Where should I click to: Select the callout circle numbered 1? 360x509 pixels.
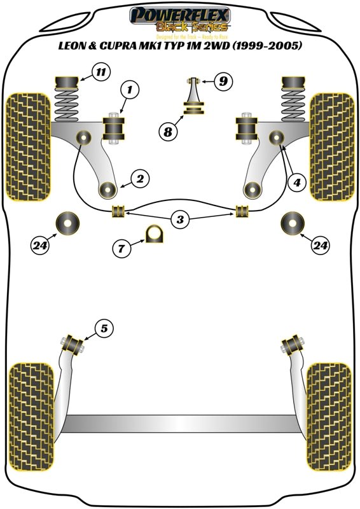point(129,92)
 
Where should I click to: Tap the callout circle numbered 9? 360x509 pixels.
point(223,81)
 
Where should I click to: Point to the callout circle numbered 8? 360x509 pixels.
point(168,132)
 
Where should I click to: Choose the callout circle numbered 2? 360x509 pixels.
point(141,179)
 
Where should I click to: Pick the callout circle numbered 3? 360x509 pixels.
point(181,220)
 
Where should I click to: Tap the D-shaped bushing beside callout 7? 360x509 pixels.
point(155,234)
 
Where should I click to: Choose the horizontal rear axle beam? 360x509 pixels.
point(179,422)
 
